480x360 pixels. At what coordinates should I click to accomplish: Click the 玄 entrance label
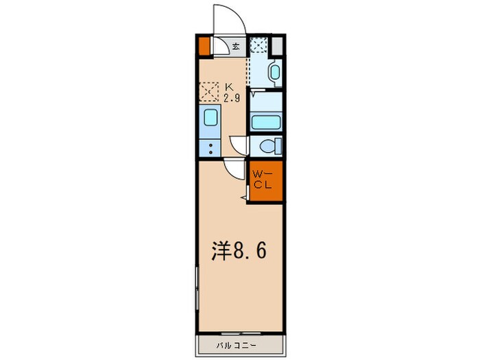pos(235,47)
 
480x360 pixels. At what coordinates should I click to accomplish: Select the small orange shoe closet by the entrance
pos(204,46)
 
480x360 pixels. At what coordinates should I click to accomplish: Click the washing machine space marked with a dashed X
pos(259,45)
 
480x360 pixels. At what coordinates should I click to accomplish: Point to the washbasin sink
pos(274,73)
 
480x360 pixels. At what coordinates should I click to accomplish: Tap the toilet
pos(270,147)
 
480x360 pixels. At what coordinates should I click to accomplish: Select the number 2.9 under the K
pos(230,97)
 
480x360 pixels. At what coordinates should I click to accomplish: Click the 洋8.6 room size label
pos(237,251)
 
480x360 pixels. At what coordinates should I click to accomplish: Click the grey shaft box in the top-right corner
pos(277,46)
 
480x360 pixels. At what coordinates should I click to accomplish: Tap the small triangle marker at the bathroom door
pos(254,95)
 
